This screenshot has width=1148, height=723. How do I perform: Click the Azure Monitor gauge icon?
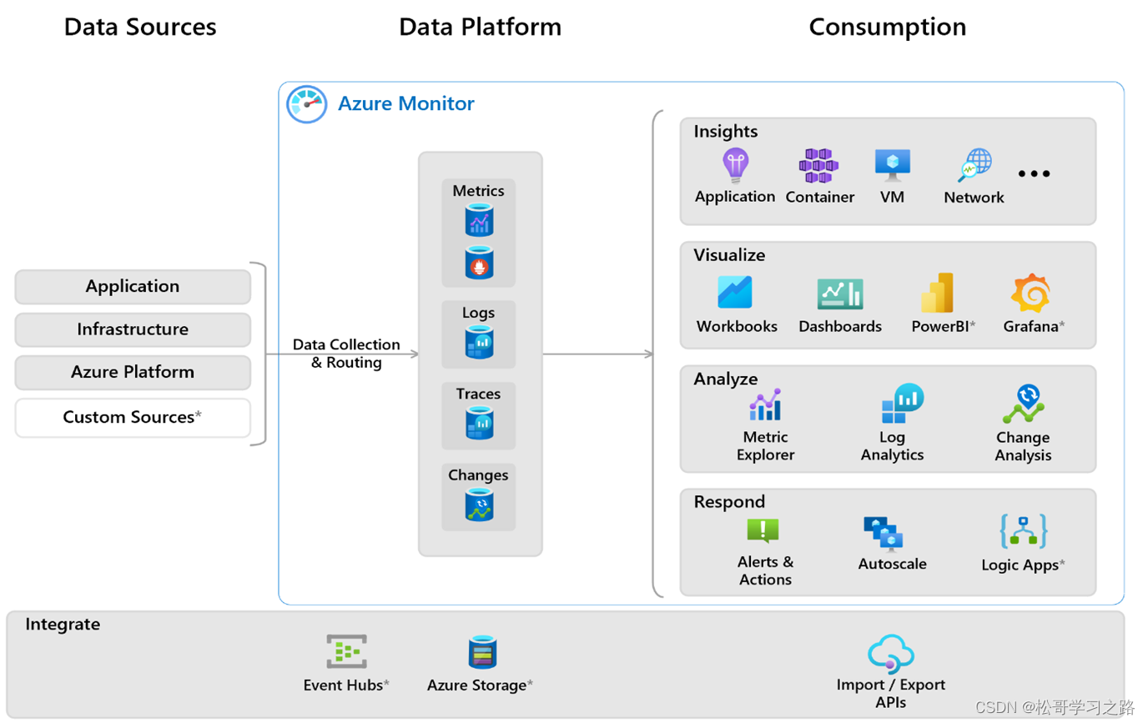306,105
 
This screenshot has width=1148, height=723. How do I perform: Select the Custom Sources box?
133,418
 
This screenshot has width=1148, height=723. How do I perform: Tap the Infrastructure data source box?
133,329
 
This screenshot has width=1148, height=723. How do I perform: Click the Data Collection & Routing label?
346,354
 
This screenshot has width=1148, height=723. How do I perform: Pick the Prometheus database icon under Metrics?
479,264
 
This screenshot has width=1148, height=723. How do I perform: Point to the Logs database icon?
479,342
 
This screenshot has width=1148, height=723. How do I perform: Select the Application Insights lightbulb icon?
735,166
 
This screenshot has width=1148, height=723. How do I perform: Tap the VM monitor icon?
892,165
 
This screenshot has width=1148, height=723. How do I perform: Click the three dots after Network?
1034,173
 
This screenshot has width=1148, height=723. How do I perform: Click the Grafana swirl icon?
1030,294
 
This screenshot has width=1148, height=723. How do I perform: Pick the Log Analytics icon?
901,404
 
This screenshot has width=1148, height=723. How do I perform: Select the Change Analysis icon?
1024,404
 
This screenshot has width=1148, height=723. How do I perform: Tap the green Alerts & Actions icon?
763,530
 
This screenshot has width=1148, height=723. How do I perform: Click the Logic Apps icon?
1023,531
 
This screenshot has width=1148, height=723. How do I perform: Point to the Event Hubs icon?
346,652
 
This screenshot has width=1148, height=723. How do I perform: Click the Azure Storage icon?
482,652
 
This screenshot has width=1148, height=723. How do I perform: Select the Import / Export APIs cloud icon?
891,653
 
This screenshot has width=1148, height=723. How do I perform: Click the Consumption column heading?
887,28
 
